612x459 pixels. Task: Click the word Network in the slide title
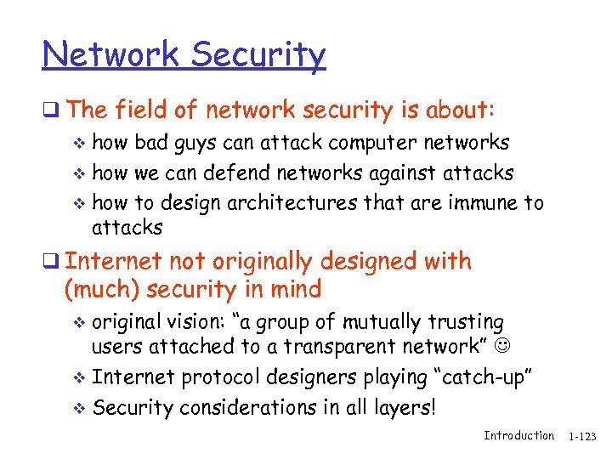[x=111, y=54]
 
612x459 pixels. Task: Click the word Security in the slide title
[x=258, y=56]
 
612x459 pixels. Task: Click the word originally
[x=266, y=261]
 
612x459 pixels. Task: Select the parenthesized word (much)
[x=102, y=290]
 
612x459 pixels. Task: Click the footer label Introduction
[x=518, y=436]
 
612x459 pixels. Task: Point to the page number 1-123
[x=583, y=437]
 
